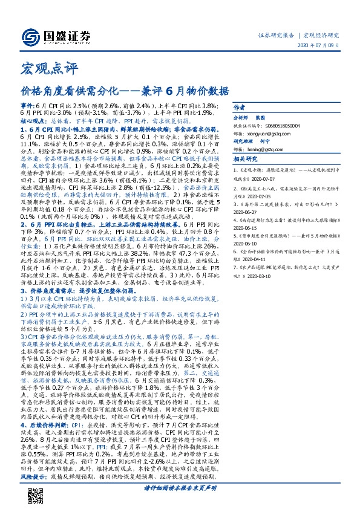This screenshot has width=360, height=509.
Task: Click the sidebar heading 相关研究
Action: point(244,158)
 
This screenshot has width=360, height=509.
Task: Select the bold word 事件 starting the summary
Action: point(27,105)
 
